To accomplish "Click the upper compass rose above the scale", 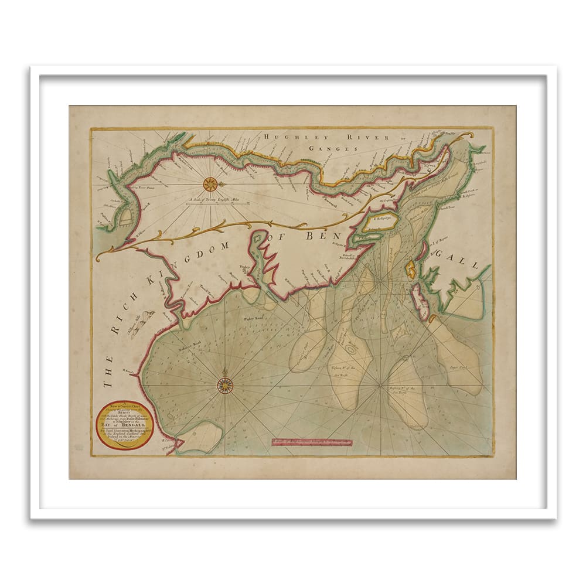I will pos(210,184).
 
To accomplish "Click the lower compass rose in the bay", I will pos(225,385).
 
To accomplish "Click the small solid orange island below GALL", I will pos(411,270).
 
